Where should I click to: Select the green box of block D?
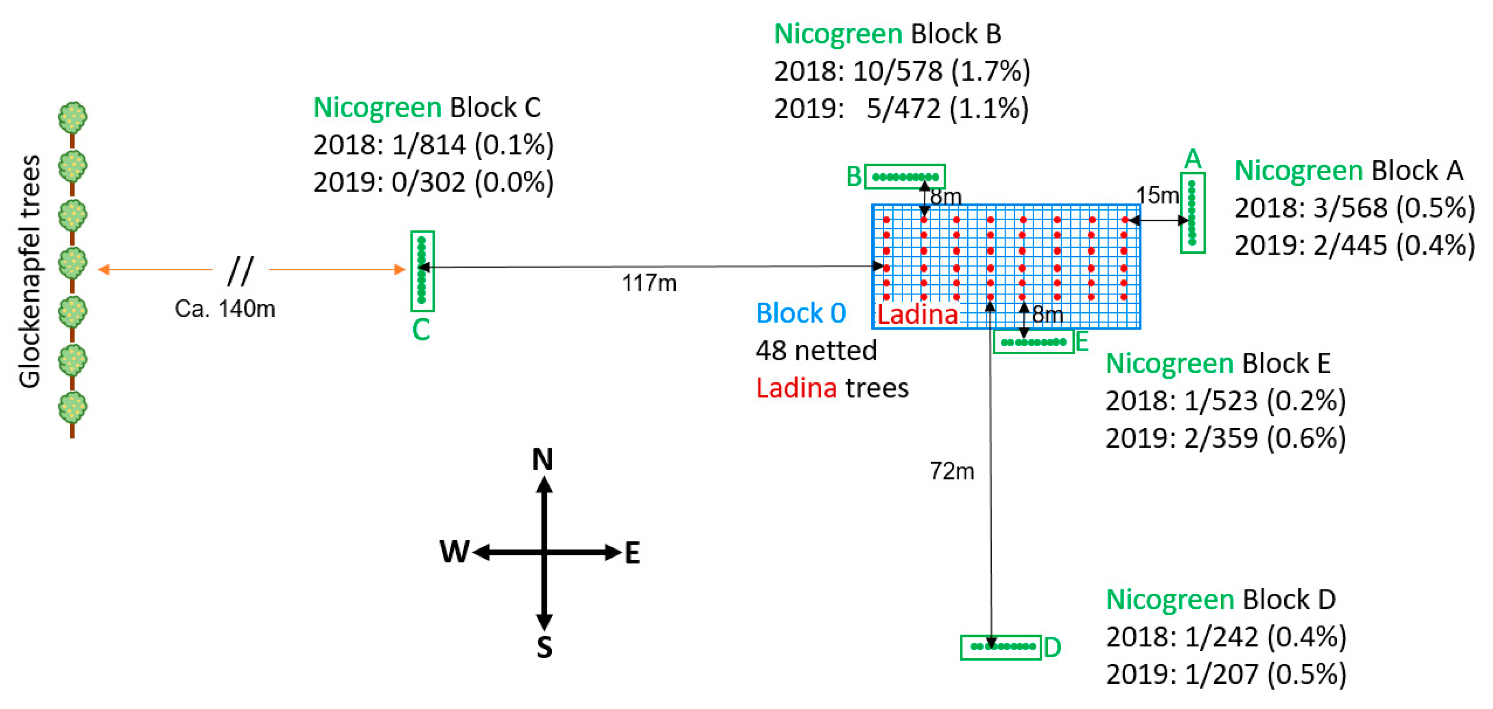[1001, 647]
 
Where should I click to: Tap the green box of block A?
[1192, 212]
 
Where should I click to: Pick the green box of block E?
[1034, 342]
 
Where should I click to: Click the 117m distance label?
[649, 283]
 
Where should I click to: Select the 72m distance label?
[952, 471]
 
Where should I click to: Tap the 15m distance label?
[1157, 195]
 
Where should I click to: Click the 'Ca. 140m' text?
[225, 309]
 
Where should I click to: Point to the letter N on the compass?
[542, 460]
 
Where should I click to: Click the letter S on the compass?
[544, 648]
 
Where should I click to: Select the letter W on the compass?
[454, 552]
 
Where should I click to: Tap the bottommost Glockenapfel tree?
[73, 409]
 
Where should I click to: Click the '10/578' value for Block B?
[897, 71]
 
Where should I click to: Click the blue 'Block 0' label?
[801, 313]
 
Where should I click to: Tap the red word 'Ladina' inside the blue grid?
[917, 315]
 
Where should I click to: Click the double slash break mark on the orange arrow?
[240, 270]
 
